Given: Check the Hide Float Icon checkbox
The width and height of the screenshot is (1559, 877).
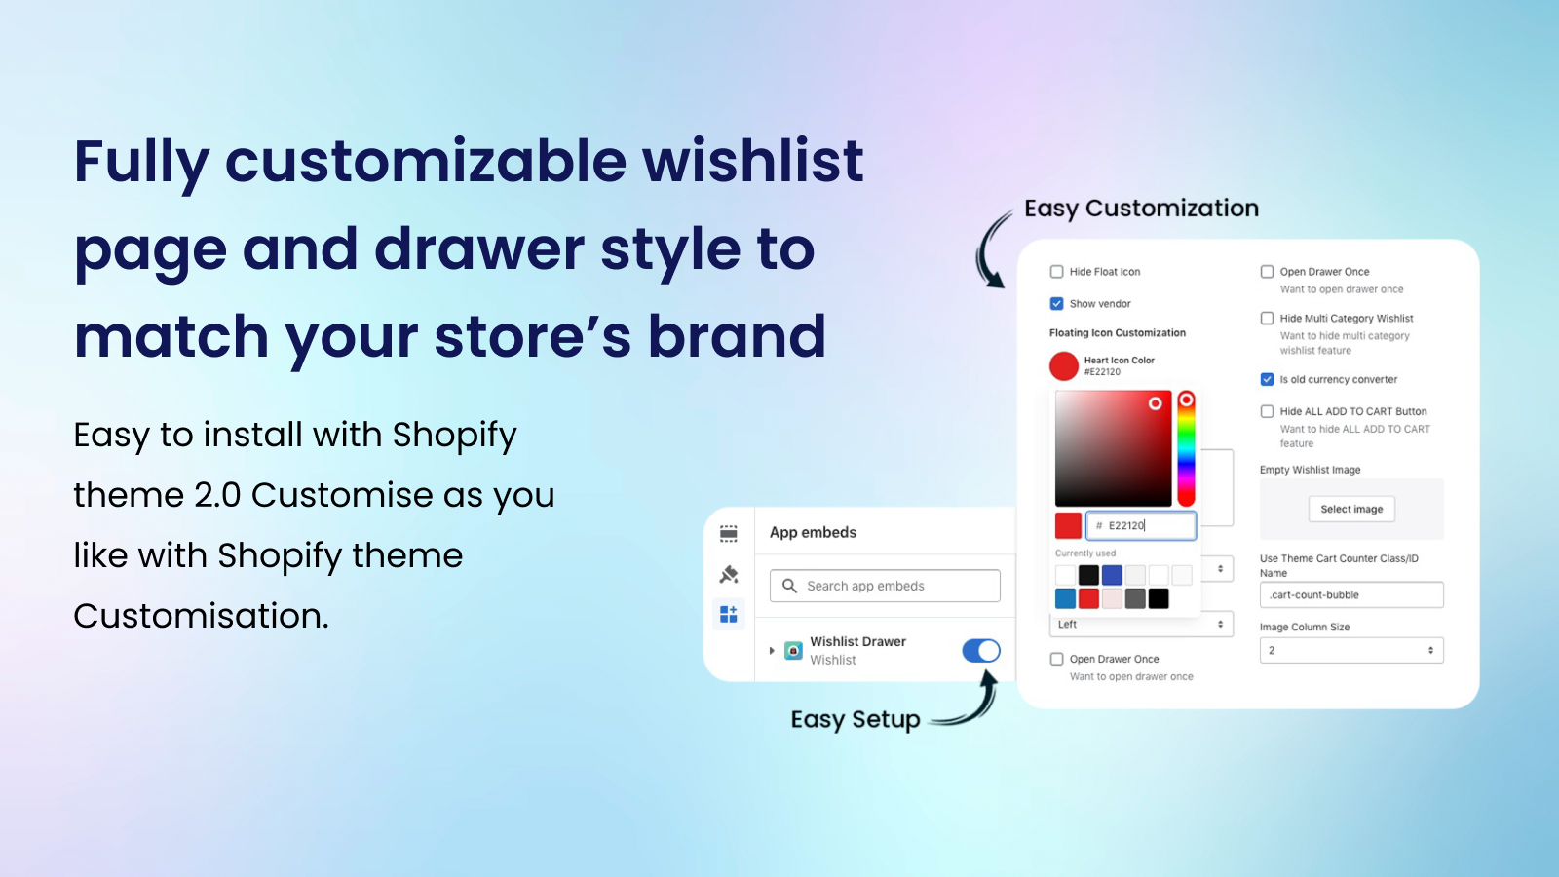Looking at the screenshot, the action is (x=1056, y=272).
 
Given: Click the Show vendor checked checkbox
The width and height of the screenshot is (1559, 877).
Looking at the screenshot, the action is (x=1056, y=303).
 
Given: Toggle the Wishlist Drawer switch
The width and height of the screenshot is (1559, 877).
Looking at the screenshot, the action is (x=980, y=650).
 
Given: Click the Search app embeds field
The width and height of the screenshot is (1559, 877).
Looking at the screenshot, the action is (x=885, y=586).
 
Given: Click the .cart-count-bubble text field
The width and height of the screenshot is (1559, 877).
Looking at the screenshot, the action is (x=1350, y=594).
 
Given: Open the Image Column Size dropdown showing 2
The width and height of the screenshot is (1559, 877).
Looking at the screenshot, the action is (x=1350, y=650).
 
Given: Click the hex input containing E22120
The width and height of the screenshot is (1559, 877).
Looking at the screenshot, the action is (x=1141, y=525).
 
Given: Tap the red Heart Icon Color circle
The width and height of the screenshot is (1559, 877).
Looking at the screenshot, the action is (x=1063, y=366).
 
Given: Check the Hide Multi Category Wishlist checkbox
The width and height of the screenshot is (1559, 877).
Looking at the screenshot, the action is (x=1267, y=318).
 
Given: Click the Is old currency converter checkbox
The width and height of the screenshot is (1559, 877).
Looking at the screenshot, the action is (x=1267, y=379).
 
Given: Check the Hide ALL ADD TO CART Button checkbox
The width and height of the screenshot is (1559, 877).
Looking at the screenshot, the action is (x=1267, y=411).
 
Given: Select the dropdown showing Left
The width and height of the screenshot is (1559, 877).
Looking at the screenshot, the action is (x=1141, y=625).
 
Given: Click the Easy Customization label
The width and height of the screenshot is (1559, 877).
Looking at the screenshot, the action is (x=1141, y=209).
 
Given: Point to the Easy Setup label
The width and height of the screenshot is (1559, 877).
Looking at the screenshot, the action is (x=856, y=720).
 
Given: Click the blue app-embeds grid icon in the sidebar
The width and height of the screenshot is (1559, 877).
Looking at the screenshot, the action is (x=729, y=614).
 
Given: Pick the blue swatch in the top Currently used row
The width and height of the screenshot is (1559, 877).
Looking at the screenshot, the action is (x=1112, y=575).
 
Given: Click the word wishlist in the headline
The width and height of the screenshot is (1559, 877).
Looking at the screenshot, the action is (x=752, y=161).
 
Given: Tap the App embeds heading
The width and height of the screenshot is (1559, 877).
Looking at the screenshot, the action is (x=813, y=532).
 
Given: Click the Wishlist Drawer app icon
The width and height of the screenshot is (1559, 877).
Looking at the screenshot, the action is (x=793, y=650).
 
